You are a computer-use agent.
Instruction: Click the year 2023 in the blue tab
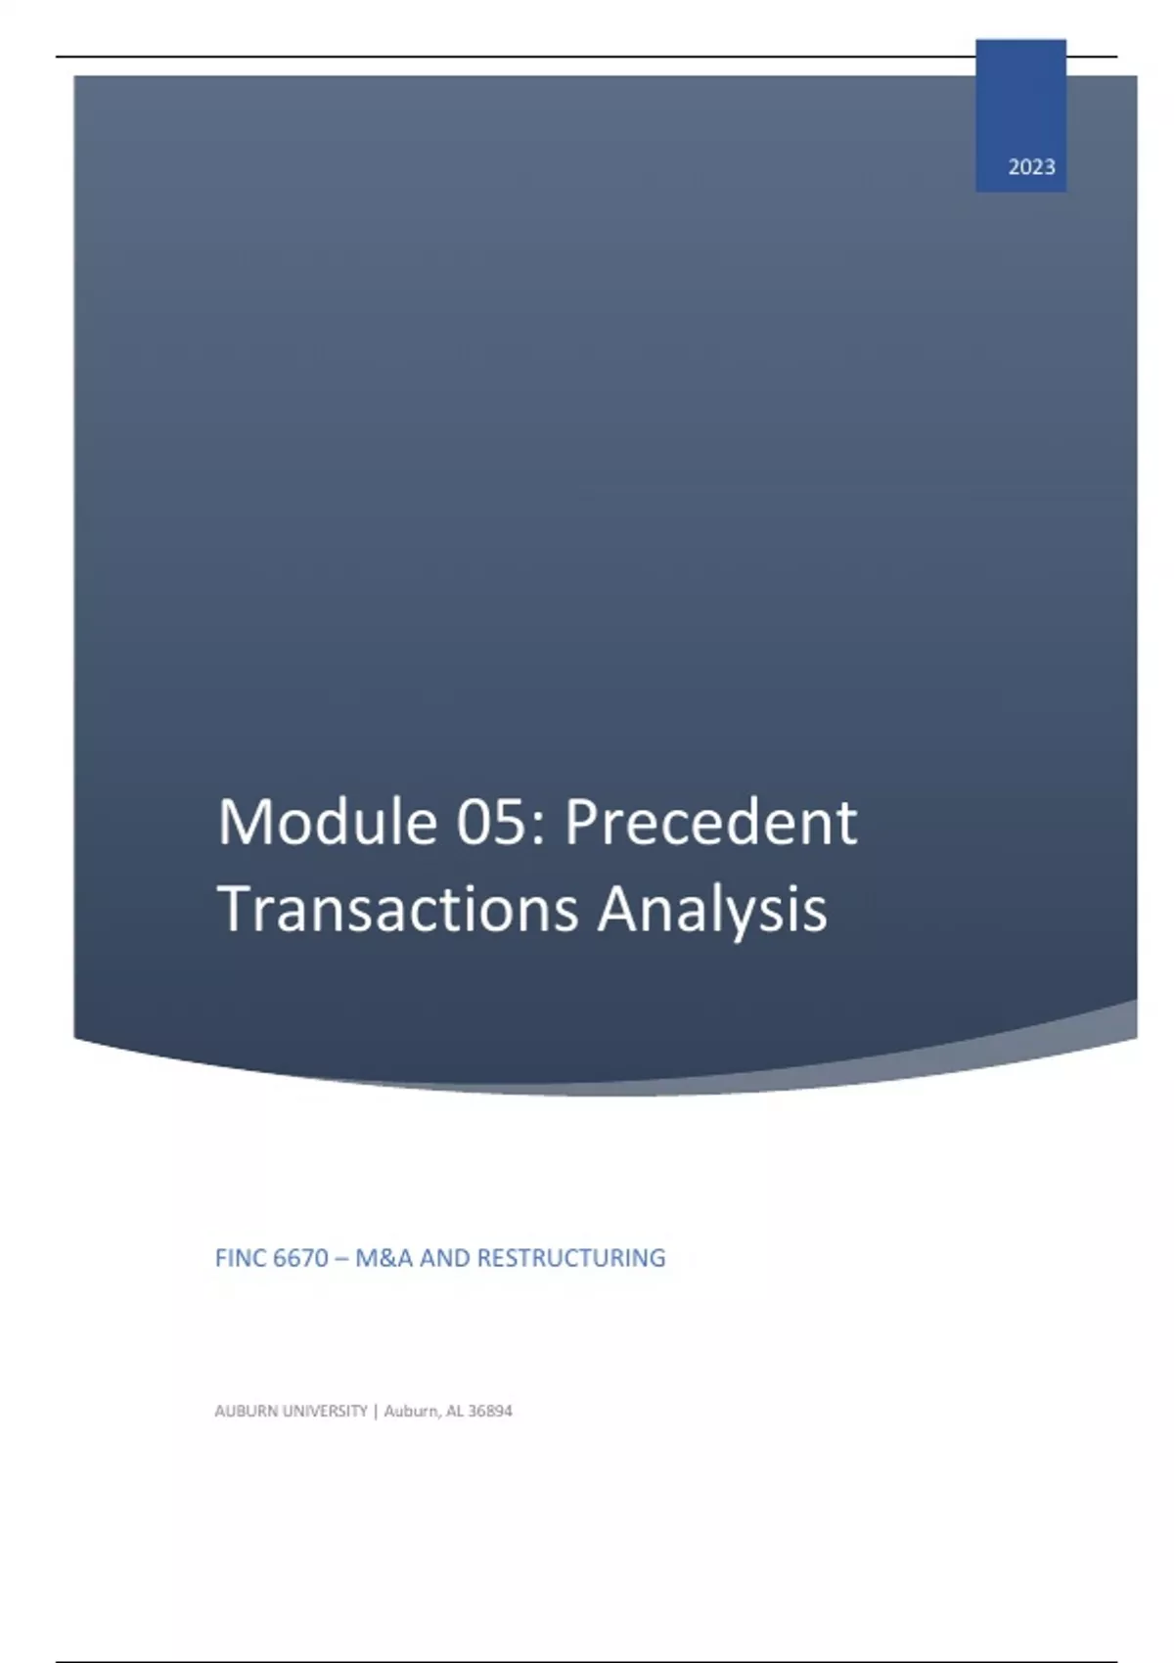(1031, 167)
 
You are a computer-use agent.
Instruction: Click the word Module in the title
(327, 822)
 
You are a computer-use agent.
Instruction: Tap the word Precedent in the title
(710, 822)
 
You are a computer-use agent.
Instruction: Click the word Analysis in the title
(712, 910)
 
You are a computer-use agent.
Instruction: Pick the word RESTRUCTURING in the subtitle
(571, 1258)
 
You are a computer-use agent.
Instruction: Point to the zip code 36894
(490, 1411)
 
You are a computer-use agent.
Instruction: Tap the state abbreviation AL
(455, 1411)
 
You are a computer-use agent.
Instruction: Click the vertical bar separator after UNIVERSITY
(376, 1412)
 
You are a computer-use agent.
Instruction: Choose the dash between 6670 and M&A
(341, 1259)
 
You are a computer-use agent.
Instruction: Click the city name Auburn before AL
(412, 1411)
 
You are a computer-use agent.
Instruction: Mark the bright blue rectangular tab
(1020, 115)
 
